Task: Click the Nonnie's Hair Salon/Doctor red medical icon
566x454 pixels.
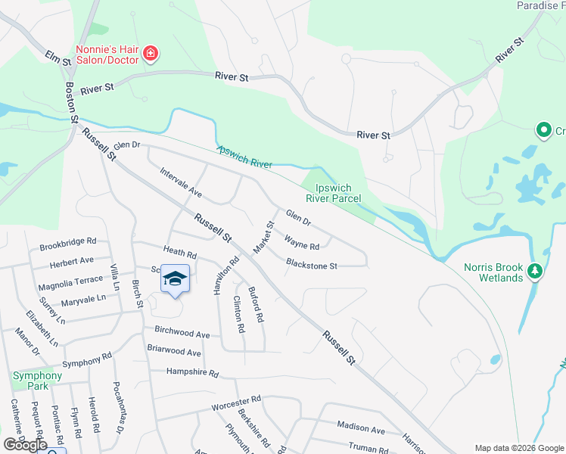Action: pyautogui.click(x=151, y=53)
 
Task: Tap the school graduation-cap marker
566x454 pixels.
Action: pyautogui.click(x=175, y=279)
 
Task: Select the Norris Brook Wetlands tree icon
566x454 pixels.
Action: pyautogui.click(x=535, y=270)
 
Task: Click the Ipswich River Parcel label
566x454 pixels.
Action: pyautogui.click(x=333, y=192)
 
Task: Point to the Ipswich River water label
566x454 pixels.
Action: pyautogui.click(x=244, y=157)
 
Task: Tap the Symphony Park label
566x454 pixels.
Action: pyautogui.click(x=36, y=381)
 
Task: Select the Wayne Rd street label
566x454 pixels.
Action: pyautogui.click(x=302, y=244)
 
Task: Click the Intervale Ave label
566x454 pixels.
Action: pyautogui.click(x=181, y=182)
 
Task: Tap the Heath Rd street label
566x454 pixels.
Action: pyautogui.click(x=180, y=253)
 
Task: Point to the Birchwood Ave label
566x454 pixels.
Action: pyautogui.click(x=182, y=333)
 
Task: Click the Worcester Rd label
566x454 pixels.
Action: pyautogui.click(x=236, y=400)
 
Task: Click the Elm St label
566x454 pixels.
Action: pyautogui.click(x=54, y=58)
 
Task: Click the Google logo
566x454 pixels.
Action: pyautogui.click(x=25, y=445)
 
